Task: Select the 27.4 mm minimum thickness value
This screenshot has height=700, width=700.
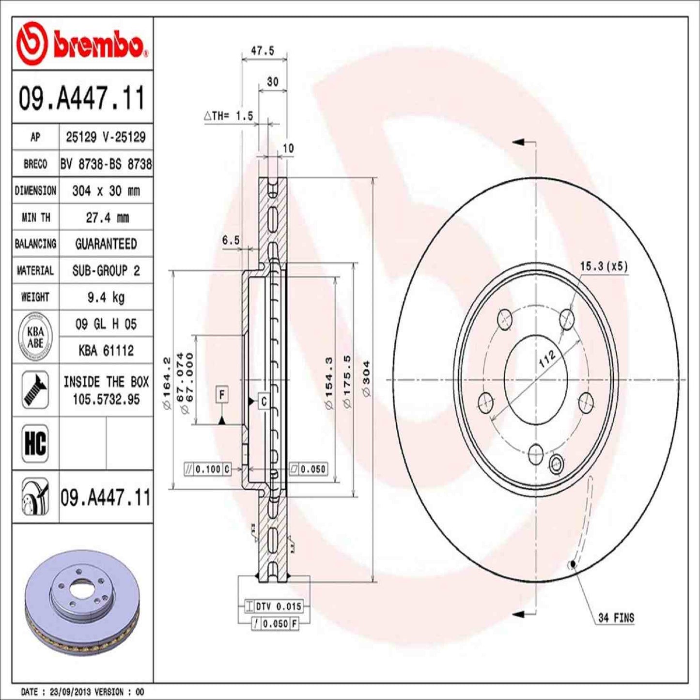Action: coord(107,218)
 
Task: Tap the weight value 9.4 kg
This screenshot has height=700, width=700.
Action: coord(106,297)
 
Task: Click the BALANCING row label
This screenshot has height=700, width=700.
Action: coord(35,244)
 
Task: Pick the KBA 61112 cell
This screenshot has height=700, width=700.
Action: coord(106,350)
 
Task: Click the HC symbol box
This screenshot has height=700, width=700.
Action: coord(35,443)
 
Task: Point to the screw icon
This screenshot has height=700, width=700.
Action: coord(35,389)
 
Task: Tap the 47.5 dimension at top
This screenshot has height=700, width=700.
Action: coord(263,50)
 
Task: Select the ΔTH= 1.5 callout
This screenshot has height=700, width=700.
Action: coord(229,116)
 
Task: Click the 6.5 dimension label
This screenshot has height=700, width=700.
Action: coord(231,240)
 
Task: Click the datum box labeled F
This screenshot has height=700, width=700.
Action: coord(222,395)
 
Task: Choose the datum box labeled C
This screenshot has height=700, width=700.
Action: coord(264,401)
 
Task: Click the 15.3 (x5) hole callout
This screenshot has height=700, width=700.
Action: coord(604,266)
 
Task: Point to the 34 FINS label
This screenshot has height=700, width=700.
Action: coord(616,618)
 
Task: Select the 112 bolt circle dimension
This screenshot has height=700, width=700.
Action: coord(547,359)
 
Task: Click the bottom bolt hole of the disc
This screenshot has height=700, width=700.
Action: coord(536,453)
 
